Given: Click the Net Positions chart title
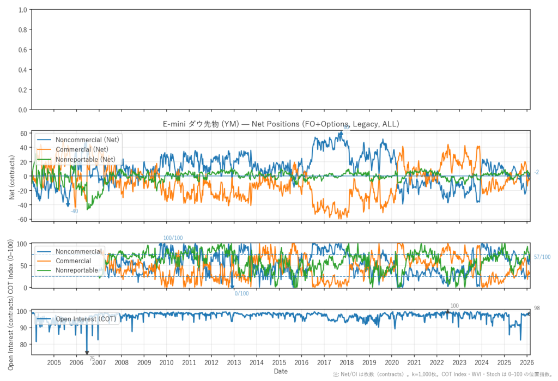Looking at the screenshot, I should [281, 124].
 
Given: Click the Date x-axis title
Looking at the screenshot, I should [281, 371].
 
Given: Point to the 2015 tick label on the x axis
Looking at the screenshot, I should [279, 362].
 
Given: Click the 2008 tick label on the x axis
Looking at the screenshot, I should [122, 362].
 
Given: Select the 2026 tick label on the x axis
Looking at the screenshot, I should [526, 362].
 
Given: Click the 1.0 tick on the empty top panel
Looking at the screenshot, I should [22, 10].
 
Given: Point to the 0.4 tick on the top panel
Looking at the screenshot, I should [22, 70].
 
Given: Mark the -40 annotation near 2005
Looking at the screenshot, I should [74, 211].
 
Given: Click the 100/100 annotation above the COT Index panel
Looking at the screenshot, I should [173, 238].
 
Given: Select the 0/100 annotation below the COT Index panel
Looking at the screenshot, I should [241, 294].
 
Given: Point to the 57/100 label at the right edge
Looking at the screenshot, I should [542, 257].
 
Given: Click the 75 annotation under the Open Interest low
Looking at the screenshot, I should [92, 359].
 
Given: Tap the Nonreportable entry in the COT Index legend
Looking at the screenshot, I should [77, 270].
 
